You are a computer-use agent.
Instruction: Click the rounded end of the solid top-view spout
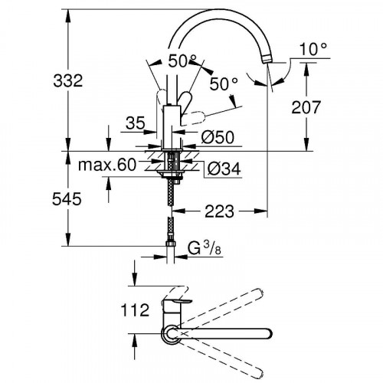tap(265, 334)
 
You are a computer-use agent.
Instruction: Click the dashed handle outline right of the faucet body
tap(198, 116)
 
